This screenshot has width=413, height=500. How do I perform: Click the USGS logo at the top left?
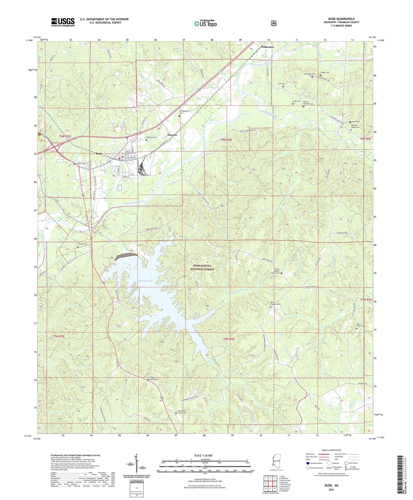coord(63,22)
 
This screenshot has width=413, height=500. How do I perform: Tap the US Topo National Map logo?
coord(205,24)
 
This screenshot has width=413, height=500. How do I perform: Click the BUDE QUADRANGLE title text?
coord(341,19)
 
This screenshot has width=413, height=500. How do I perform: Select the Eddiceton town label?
coord(267,47)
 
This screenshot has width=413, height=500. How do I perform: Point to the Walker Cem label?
coord(325,72)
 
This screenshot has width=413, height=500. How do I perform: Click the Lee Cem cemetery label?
coord(281,84)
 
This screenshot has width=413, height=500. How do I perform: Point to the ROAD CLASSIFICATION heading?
coord(331,450)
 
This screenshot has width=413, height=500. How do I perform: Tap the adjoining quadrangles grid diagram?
coord(270,481)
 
